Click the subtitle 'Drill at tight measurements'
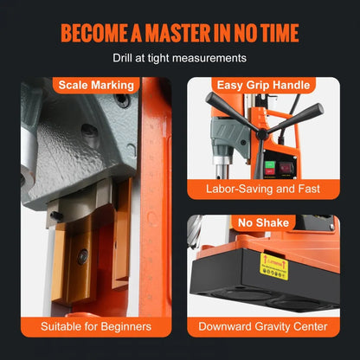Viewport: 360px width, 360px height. (x=180, y=59)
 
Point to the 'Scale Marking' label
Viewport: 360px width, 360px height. (x=95, y=85)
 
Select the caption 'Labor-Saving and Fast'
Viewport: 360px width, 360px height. (x=261, y=188)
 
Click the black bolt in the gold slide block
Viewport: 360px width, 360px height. (x=82, y=256)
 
